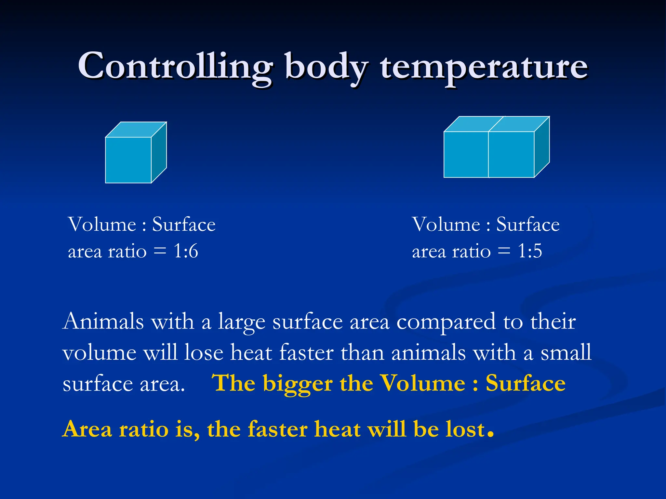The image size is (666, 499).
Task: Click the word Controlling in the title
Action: pyautogui.click(x=176, y=67)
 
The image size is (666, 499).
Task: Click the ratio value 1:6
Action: pyautogui.click(x=186, y=251)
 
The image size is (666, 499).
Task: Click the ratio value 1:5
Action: pyautogui.click(x=530, y=251)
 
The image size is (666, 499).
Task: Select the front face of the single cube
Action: pyautogui.click(x=128, y=160)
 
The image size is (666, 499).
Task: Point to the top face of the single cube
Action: pyautogui.click(x=136, y=130)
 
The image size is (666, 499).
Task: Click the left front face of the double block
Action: pyautogui.click(x=466, y=155)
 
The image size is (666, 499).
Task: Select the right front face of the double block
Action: pyautogui.click(x=511, y=155)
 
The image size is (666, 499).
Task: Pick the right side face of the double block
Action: pyautogui.click(x=542, y=147)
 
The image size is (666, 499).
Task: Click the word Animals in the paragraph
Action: pyautogui.click(x=103, y=322)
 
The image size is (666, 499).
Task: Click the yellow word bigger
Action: pyautogui.click(x=298, y=384)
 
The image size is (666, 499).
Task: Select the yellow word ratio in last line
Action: pyautogui.click(x=144, y=429)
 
